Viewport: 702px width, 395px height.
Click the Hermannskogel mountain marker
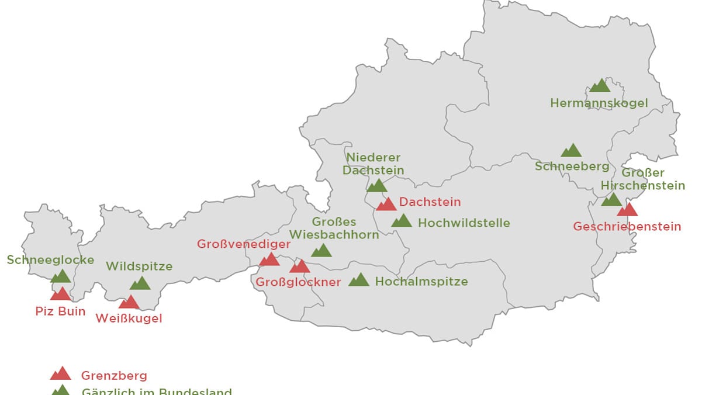600,86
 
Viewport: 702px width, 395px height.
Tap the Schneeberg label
572,167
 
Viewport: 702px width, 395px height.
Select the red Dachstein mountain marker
386,204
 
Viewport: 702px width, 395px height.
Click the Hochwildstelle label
464,223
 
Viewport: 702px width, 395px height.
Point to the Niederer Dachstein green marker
377,186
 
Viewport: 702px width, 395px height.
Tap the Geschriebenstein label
627,226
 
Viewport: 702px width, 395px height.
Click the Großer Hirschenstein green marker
611,200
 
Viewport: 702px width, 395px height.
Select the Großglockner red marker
299,266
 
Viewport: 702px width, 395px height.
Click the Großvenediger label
244,244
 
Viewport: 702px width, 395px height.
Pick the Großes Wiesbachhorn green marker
321,251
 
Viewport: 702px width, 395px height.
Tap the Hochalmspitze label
421,282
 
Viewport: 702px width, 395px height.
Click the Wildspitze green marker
140,283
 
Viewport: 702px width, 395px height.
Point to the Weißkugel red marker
129,302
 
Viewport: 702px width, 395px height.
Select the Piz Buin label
61,311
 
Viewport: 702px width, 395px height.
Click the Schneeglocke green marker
61,276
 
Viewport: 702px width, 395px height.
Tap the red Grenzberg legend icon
61,374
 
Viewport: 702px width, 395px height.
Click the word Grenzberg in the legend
114,376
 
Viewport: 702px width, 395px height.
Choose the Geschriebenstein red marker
627,210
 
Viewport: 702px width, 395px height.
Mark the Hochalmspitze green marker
359,280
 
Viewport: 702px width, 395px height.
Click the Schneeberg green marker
572,151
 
